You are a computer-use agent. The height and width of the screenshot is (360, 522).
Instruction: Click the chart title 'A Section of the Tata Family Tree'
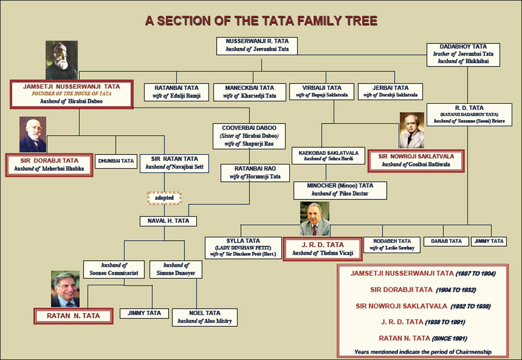click(x=261, y=21)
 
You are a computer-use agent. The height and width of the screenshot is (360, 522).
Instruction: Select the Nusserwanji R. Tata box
click(x=257, y=45)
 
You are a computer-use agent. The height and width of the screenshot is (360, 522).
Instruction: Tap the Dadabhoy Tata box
click(x=463, y=55)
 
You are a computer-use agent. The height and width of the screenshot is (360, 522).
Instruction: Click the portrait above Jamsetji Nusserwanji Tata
click(x=62, y=60)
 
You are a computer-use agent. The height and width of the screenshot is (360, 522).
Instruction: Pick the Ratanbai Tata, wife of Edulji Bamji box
click(x=176, y=92)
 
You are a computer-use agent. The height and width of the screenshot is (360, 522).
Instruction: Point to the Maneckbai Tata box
click(x=250, y=92)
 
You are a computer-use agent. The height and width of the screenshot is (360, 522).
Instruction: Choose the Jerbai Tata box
click(x=390, y=91)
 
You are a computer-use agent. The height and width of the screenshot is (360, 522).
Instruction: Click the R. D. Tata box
click(x=469, y=115)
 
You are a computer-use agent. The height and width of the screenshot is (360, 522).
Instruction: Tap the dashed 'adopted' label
click(x=164, y=198)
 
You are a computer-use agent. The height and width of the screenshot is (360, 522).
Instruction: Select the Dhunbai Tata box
click(x=116, y=161)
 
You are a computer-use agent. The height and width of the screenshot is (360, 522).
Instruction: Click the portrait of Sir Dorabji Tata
click(x=32, y=135)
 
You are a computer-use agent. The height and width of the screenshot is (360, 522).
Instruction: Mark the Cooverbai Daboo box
click(x=249, y=136)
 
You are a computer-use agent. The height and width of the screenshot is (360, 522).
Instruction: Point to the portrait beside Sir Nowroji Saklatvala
click(x=412, y=130)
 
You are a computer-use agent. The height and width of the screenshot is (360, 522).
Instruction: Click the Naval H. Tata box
click(x=168, y=221)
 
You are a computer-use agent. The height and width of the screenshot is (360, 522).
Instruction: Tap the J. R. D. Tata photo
click(x=315, y=219)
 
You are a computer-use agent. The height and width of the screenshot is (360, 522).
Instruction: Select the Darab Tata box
click(x=446, y=241)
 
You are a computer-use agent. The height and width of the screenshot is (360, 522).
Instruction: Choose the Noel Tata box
click(x=205, y=317)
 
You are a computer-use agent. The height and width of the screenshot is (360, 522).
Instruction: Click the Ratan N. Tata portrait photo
click(x=65, y=289)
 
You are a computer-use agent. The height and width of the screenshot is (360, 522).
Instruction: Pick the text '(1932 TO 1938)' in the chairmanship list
click(x=470, y=306)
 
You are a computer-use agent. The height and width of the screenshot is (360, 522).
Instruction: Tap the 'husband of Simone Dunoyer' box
click(x=176, y=269)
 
